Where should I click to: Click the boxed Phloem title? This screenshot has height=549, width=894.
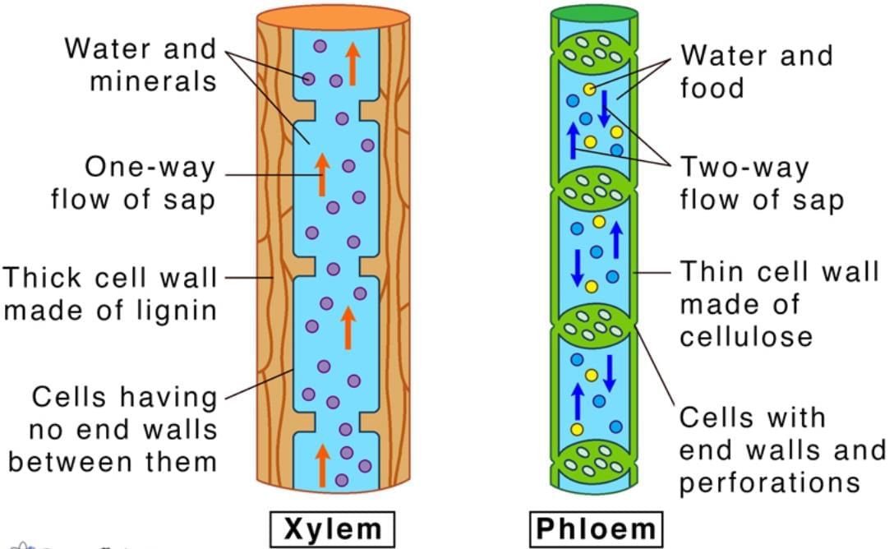(596, 528)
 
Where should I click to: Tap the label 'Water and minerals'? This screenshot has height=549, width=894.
(141, 65)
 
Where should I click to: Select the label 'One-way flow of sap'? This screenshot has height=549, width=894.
(133, 183)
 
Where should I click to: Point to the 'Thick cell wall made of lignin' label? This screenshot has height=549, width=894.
(110, 293)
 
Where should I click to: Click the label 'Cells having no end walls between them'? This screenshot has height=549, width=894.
(113, 429)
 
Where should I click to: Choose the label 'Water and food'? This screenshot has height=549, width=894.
(756, 72)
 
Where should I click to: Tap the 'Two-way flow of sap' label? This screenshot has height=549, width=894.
(761, 184)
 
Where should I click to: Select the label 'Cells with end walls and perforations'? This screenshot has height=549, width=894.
(781, 450)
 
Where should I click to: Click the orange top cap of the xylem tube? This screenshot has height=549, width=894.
(332, 16)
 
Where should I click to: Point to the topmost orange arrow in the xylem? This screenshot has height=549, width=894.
(353, 62)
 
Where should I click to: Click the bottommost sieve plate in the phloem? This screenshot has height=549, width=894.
(594, 464)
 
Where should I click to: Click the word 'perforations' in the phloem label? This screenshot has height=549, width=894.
(769, 482)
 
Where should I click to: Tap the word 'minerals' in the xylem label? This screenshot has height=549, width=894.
(153, 81)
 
